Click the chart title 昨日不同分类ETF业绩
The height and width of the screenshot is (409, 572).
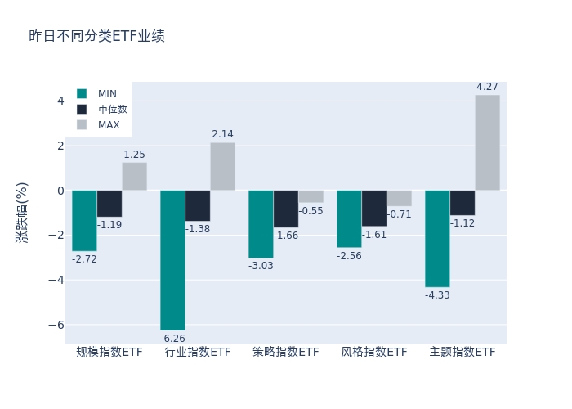(x=96, y=36)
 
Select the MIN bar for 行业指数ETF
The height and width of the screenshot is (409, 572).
(x=172, y=260)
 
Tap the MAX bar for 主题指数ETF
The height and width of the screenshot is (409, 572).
(x=487, y=142)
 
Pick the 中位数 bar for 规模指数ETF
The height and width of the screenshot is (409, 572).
(x=109, y=204)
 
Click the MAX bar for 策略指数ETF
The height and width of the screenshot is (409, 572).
(x=311, y=196)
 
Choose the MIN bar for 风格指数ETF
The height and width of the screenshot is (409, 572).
(x=349, y=218)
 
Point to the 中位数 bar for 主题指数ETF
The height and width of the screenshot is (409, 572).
(x=463, y=203)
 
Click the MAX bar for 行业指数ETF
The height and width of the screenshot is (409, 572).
(x=222, y=167)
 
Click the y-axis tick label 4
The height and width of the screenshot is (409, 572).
(x=60, y=101)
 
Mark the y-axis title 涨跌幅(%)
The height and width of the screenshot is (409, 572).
(x=22, y=212)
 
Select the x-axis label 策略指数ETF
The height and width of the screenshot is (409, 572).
(x=286, y=353)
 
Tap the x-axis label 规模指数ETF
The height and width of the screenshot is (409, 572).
(x=109, y=353)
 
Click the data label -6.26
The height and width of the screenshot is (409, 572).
(x=172, y=339)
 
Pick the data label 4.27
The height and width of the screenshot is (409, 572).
(x=487, y=87)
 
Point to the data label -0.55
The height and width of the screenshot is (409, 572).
(x=311, y=211)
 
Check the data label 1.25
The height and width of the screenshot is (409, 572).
(x=134, y=155)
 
